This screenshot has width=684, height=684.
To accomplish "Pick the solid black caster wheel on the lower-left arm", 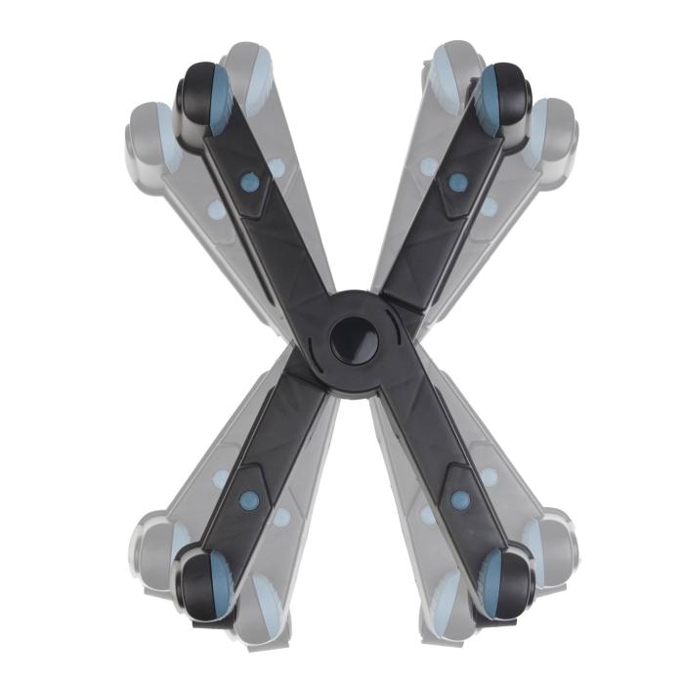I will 203,583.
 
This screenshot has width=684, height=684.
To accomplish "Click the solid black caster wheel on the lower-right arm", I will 506,583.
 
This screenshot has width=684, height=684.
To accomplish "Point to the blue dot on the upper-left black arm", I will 249,182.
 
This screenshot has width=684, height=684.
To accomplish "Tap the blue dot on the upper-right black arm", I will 457,181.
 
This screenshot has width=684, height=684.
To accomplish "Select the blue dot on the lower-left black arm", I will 248,499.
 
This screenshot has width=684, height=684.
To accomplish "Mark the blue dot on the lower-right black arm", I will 459,499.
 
